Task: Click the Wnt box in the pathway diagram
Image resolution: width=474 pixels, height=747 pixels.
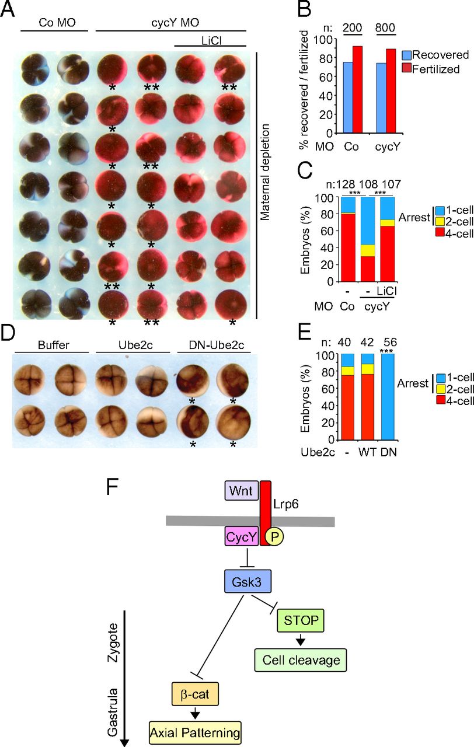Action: (242, 490)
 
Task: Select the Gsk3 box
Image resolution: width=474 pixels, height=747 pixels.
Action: (247, 581)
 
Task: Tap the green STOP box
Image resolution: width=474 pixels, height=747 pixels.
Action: (301, 620)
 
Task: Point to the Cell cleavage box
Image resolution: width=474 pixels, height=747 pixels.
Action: (301, 660)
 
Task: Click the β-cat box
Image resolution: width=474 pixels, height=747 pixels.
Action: (195, 694)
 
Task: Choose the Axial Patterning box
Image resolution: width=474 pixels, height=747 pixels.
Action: (195, 732)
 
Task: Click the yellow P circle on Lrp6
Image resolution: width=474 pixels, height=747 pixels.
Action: (274, 536)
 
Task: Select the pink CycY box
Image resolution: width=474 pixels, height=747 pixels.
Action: (242, 536)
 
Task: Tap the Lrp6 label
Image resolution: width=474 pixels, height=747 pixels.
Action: (286, 504)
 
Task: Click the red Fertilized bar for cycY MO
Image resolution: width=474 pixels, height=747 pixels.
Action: (391, 91)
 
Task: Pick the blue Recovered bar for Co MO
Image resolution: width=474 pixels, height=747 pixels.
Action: (348, 97)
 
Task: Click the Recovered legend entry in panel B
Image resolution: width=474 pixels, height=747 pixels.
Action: (435, 55)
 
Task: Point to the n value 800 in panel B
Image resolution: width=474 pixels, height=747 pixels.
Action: (385, 27)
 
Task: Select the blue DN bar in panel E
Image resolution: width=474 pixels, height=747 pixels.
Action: (388, 397)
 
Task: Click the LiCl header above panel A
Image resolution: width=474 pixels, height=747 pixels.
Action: (211, 41)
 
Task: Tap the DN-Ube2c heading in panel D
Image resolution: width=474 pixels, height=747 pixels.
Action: (217, 345)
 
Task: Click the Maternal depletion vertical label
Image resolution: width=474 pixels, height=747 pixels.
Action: (264, 172)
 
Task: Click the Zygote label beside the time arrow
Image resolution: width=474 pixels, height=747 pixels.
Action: (113, 643)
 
